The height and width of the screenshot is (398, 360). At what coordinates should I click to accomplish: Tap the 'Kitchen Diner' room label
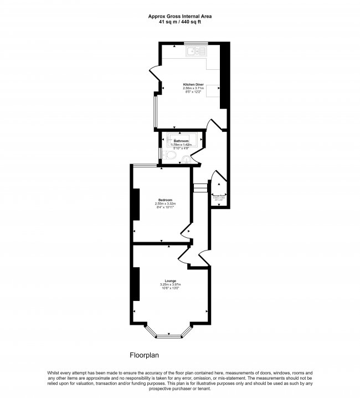[194, 85]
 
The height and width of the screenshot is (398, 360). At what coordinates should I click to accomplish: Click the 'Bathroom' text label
[181, 141]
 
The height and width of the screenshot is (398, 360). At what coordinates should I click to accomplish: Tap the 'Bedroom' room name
[165, 200]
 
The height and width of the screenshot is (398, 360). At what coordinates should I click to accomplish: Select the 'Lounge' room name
[171, 281]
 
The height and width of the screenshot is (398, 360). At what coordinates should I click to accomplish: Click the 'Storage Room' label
[219, 195]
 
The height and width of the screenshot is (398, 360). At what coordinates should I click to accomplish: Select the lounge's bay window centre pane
[171, 336]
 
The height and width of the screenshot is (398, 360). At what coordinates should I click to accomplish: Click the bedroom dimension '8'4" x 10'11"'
[165, 207]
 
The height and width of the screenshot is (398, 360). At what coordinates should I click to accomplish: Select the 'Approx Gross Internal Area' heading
[180, 16]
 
